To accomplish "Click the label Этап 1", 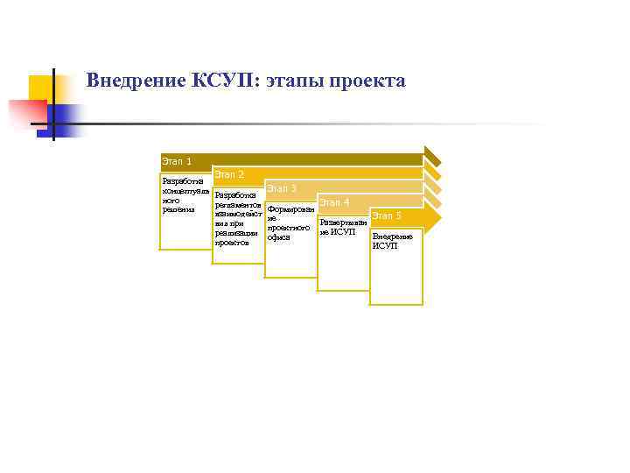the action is click(x=177, y=161).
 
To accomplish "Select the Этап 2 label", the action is click(x=229, y=175).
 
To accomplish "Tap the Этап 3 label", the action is click(x=282, y=188).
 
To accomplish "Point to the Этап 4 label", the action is click(x=334, y=202).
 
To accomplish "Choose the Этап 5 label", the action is click(x=387, y=215).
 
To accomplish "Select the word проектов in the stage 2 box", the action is click(x=232, y=243).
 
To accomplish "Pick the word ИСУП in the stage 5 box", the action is click(x=384, y=246).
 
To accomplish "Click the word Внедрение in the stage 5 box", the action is click(x=392, y=236).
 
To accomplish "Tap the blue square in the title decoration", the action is click(x=66, y=118).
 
